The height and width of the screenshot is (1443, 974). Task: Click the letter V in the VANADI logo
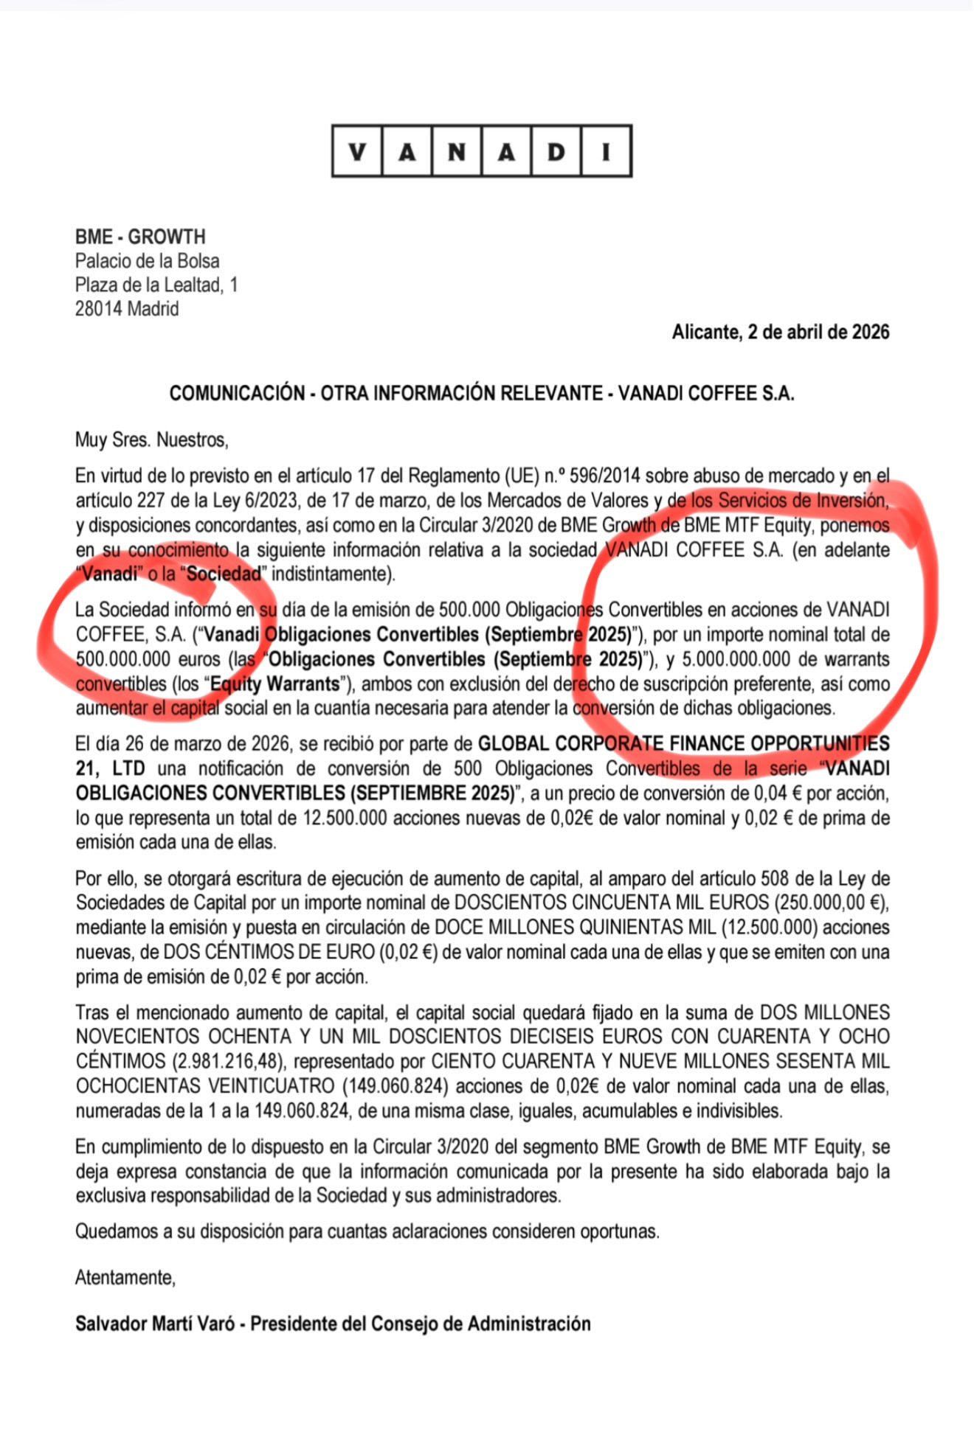pos(358,152)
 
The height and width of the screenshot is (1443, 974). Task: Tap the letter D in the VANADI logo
pos(556,152)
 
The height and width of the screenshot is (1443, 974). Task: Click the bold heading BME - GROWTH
pos(140,237)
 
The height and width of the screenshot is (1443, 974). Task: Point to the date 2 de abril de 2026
pos(818,332)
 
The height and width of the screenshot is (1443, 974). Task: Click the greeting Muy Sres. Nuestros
pos(151,440)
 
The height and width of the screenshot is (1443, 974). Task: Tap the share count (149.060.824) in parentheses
pos(396,1086)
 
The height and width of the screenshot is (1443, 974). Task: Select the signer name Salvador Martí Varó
pos(155,1324)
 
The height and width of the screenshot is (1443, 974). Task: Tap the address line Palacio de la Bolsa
pos(147,261)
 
